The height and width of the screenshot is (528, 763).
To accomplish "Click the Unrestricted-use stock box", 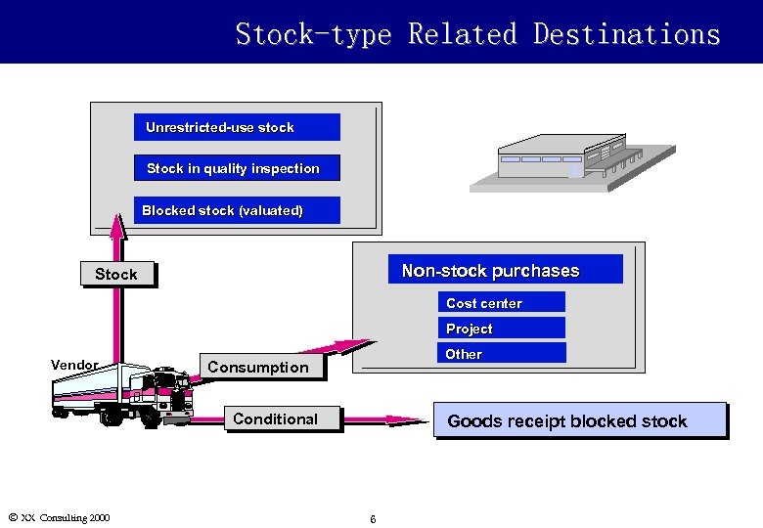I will [x=237, y=127].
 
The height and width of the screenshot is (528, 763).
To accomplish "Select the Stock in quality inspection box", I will [x=237, y=168].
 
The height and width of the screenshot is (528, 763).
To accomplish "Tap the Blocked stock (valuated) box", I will [x=237, y=210].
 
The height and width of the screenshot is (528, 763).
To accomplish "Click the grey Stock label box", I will [x=117, y=275].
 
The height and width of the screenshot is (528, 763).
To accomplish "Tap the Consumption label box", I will [x=258, y=368].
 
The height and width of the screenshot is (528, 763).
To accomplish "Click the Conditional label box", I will [x=275, y=419].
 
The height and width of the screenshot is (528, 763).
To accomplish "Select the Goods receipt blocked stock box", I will [x=580, y=421].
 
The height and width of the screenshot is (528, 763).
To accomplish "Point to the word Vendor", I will [x=74, y=365].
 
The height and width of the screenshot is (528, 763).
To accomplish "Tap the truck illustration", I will [x=122, y=396].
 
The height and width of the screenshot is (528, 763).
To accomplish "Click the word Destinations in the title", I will [x=627, y=35].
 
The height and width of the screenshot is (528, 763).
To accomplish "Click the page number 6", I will [x=373, y=518].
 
